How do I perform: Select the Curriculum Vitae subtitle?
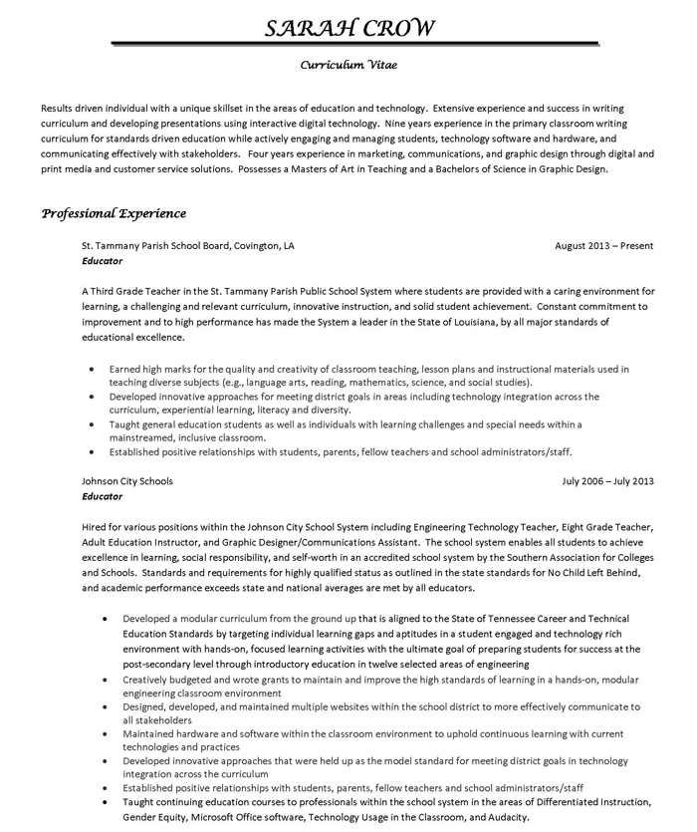pyautogui.click(x=349, y=67)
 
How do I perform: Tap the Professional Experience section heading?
pyautogui.click(x=114, y=213)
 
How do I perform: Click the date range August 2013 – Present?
pyautogui.click(x=603, y=245)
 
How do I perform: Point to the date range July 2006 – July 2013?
pyautogui.click(x=607, y=481)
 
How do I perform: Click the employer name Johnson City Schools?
pyautogui.click(x=127, y=481)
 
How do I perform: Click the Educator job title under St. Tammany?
pyautogui.click(x=103, y=261)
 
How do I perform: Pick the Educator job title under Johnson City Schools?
pyautogui.click(x=103, y=496)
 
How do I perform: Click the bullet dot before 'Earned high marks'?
pyautogui.click(x=91, y=369)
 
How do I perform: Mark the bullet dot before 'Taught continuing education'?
pyautogui.click(x=106, y=801)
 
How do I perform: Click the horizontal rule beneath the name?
pyautogui.click(x=349, y=43)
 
